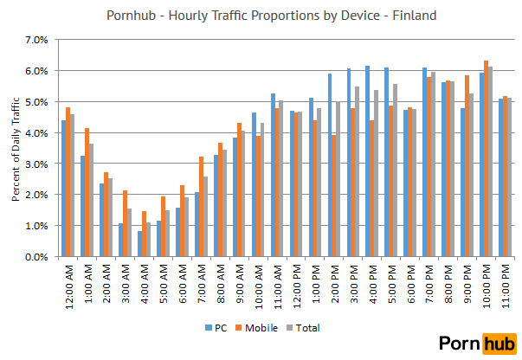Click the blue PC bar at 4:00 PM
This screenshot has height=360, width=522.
click(x=367, y=161)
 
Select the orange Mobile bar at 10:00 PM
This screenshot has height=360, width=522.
click(x=486, y=158)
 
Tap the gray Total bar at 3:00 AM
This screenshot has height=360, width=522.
click(x=128, y=232)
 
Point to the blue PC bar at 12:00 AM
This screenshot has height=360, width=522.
click(x=63, y=188)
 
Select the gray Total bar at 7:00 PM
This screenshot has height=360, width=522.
click(x=433, y=164)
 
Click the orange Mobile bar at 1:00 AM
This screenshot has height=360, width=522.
click(x=88, y=192)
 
